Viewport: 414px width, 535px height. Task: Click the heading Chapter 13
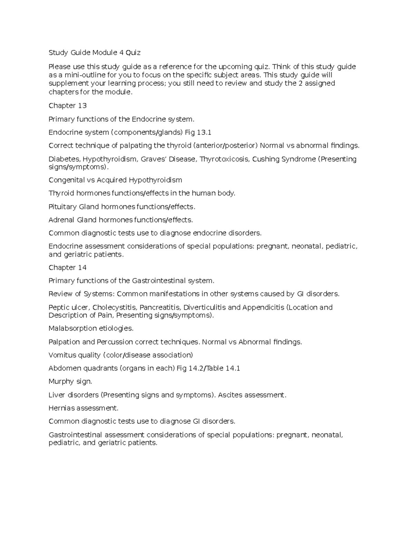tap(67, 105)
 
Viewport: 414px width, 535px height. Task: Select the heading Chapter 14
tap(67, 268)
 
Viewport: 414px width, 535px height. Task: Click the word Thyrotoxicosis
tap(224, 159)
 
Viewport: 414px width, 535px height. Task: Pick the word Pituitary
tap(62, 207)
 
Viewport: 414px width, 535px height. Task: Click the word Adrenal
tap(61, 220)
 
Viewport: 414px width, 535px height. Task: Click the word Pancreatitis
tap(160, 307)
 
